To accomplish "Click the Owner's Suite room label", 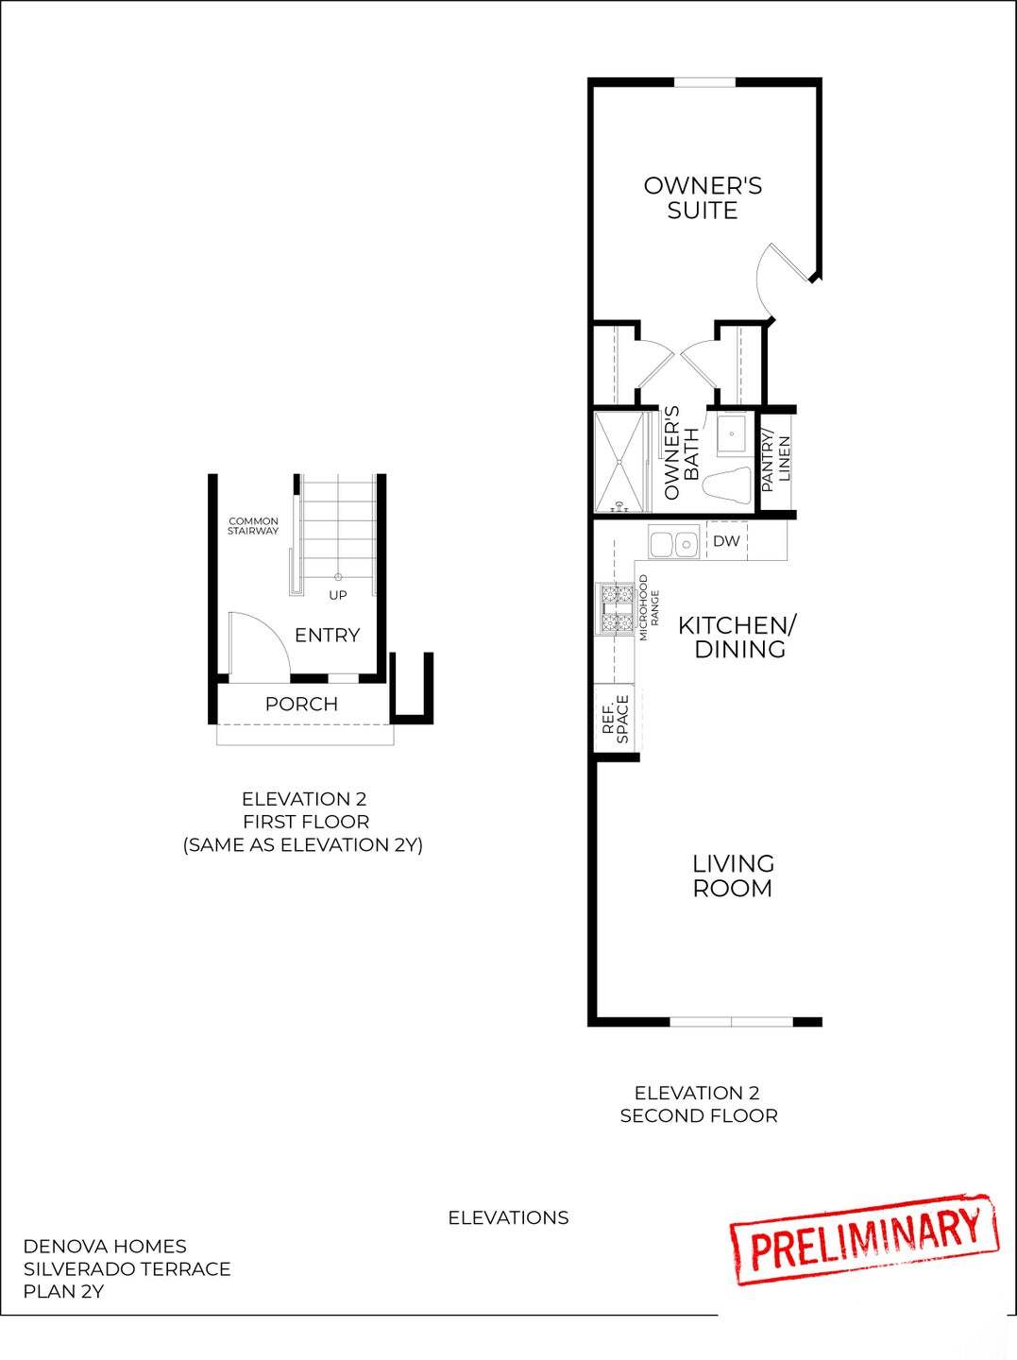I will point(703,197).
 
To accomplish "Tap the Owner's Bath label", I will point(681,453).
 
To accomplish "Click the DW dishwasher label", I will point(726,541).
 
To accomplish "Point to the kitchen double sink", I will point(673,543).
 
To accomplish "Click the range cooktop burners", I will point(615,609).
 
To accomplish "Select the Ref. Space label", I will point(616,720).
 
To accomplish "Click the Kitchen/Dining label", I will point(738,637).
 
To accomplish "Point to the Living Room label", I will point(733,875).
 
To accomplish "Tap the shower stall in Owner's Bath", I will point(619,462).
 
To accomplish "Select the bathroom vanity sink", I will point(732,436).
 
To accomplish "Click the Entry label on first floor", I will point(327,635).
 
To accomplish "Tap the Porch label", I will point(301,704).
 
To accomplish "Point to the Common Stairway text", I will point(253,526).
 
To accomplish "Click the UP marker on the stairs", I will point(338,595).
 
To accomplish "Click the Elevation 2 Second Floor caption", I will point(698,1104).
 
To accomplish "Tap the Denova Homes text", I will point(105,1246).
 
